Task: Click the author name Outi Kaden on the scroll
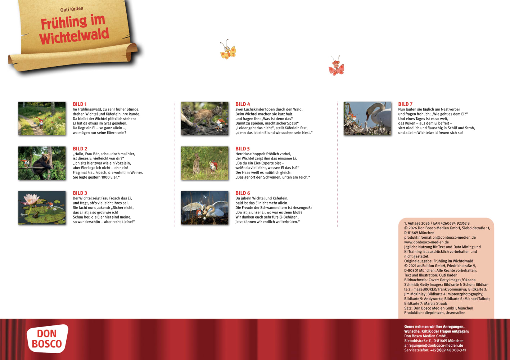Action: coord(72,9)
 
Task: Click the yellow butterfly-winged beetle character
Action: coord(228,50)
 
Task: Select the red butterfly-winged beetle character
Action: coord(336,67)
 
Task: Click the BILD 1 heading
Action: coord(80,104)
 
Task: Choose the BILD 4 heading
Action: coord(243,104)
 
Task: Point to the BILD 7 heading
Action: coord(405,104)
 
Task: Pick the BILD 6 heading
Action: coord(243,193)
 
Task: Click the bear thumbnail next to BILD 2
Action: coord(42,163)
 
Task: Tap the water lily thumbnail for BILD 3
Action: coord(42,208)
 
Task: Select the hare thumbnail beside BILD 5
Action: coord(204,163)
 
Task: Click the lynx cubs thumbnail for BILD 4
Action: coord(204,118)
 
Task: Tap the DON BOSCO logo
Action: coord(47,339)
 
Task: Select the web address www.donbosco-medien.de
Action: coord(426,242)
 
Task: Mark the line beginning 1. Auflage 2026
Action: coord(437,223)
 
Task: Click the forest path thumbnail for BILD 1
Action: coord(42,118)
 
